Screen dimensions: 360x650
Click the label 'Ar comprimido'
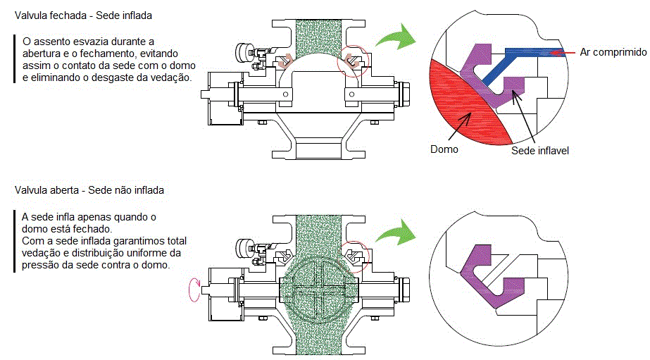(x=613, y=52)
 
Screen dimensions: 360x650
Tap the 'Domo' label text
(x=444, y=149)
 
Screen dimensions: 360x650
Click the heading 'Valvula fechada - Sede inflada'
(x=88, y=15)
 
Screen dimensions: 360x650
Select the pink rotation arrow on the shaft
(x=191, y=289)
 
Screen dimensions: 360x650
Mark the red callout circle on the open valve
(x=354, y=256)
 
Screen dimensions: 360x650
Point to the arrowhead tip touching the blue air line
(x=554, y=51)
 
